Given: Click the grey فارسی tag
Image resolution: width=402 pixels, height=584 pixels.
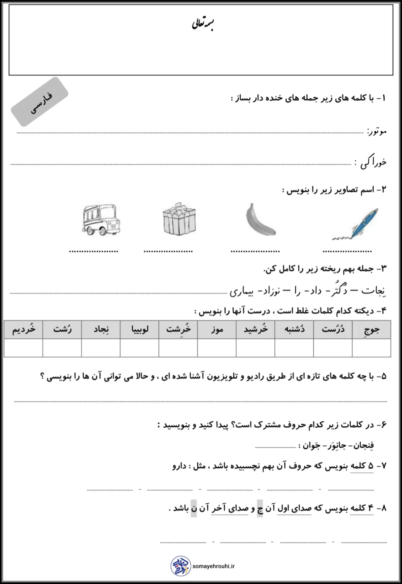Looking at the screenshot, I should [40, 102].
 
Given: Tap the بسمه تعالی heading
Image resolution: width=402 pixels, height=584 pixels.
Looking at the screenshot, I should [203, 24].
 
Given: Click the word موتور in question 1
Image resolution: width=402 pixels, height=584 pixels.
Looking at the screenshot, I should [376, 131].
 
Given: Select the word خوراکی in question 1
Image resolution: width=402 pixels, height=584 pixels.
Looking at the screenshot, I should [373, 162].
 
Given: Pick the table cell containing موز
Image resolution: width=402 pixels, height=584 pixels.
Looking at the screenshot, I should [217, 330].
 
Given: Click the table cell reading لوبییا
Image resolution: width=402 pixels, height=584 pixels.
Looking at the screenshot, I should [140, 330].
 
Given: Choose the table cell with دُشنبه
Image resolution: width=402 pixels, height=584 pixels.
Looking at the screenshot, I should [294, 330].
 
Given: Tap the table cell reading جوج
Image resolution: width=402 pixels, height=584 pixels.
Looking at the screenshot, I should [371, 330].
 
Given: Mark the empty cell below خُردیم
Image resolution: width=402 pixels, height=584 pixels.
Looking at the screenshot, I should [23, 348].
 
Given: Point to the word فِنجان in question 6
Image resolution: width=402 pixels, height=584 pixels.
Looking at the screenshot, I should [363, 446].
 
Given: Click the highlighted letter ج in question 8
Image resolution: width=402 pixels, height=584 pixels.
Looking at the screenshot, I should [260, 508].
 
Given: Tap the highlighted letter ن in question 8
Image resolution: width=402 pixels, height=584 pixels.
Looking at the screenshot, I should [193, 508].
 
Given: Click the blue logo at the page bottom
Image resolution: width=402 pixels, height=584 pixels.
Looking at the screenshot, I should [180, 566].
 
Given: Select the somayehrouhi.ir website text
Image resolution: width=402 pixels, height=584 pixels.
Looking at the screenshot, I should [214, 566].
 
